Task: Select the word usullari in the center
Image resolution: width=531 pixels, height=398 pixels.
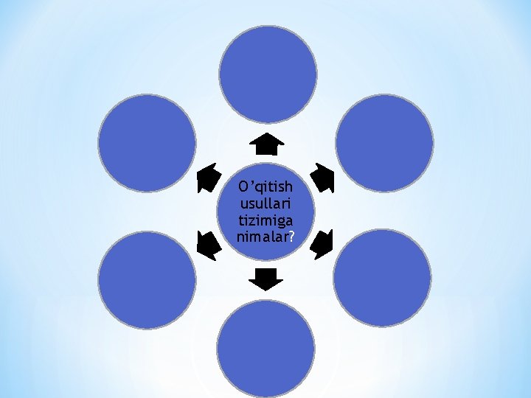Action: (x=266, y=203)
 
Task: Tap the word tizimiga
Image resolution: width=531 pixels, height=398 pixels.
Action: (x=266, y=220)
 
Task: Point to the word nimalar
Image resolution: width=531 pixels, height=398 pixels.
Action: (x=263, y=237)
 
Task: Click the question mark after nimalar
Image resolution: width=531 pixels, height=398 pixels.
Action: (x=292, y=237)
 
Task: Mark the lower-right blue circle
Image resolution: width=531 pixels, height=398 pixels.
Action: (x=382, y=278)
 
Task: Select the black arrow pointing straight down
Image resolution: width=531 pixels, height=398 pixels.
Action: (x=266, y=279)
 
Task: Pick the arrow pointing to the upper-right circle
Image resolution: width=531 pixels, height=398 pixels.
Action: (x=323, y=177)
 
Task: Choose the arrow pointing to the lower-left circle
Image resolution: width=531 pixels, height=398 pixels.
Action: (x=208, y=245)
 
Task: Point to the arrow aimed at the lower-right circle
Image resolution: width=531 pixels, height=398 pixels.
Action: (x=322, y=245)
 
